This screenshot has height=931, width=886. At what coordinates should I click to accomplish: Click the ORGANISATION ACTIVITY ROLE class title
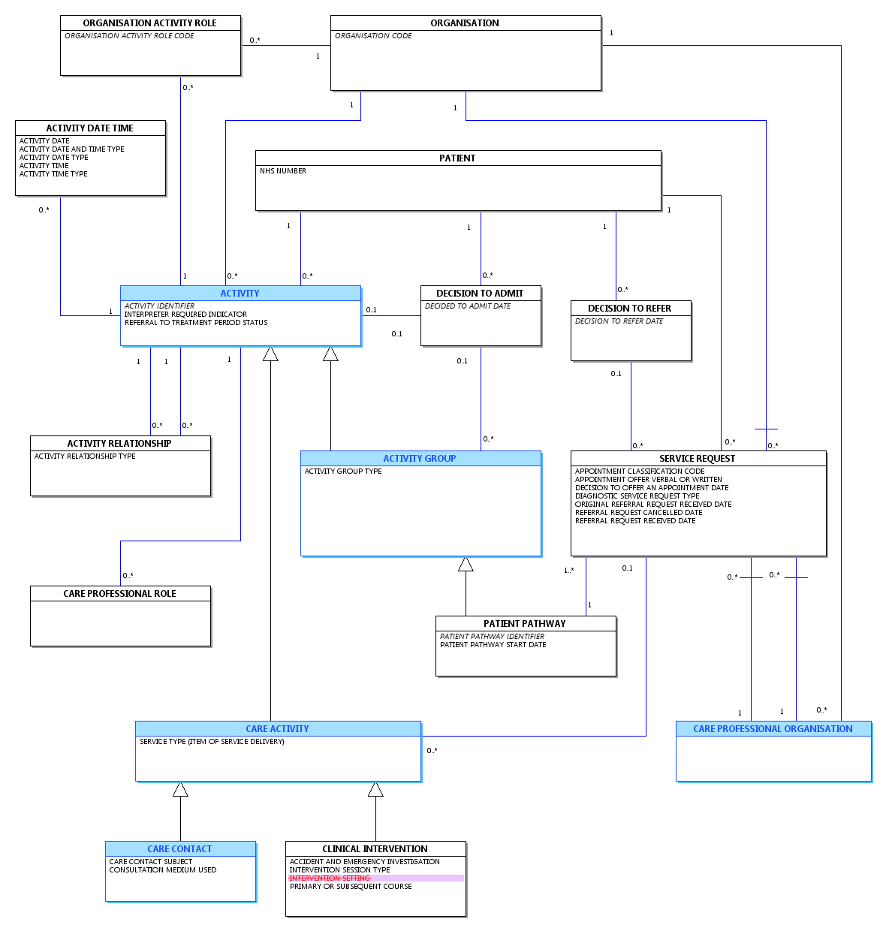click(x=149, y=23)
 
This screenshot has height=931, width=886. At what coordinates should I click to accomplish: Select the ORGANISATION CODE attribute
click(x=373, y=36)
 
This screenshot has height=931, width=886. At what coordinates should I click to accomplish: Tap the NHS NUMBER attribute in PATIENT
click(x=283, y=171)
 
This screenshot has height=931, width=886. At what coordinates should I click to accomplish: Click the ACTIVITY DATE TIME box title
click(x=89, y=128)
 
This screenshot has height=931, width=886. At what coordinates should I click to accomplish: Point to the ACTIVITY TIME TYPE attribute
click(x=53, y=173)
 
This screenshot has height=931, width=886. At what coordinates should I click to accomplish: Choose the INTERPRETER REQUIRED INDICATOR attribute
click(x=185, y=314)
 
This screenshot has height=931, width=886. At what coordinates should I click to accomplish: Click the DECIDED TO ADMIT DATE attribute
click(x=467, y=306)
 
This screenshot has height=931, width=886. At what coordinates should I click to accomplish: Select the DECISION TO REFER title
click(x=629, y=309)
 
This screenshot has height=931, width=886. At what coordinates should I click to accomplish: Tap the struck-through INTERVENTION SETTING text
click(x=330, y=878)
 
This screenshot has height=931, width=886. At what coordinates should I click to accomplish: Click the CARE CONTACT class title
click(x=179, y=849)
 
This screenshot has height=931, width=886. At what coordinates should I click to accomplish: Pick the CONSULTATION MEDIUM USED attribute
click(x=162, y=870)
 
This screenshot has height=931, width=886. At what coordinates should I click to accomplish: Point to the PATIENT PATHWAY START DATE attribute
click(x=493, y=645)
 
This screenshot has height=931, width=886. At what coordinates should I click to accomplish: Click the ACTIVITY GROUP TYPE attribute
click(x=343, y=472)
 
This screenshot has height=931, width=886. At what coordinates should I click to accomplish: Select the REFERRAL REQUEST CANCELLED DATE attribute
click(x=638, y=512)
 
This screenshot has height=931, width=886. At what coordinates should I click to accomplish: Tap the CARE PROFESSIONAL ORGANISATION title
click(x=773, y=729)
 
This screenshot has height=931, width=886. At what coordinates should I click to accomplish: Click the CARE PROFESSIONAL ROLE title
click(x=120, y=594)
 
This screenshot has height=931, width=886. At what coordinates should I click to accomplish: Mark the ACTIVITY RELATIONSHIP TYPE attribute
click(x=85, y=456)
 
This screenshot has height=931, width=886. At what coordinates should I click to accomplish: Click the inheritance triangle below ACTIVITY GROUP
click(x=466, y=564)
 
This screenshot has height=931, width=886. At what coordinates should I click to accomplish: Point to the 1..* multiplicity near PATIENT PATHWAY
click(x=568, y=571)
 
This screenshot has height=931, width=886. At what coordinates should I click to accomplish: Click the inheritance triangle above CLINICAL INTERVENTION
click(x=375, y=789)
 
